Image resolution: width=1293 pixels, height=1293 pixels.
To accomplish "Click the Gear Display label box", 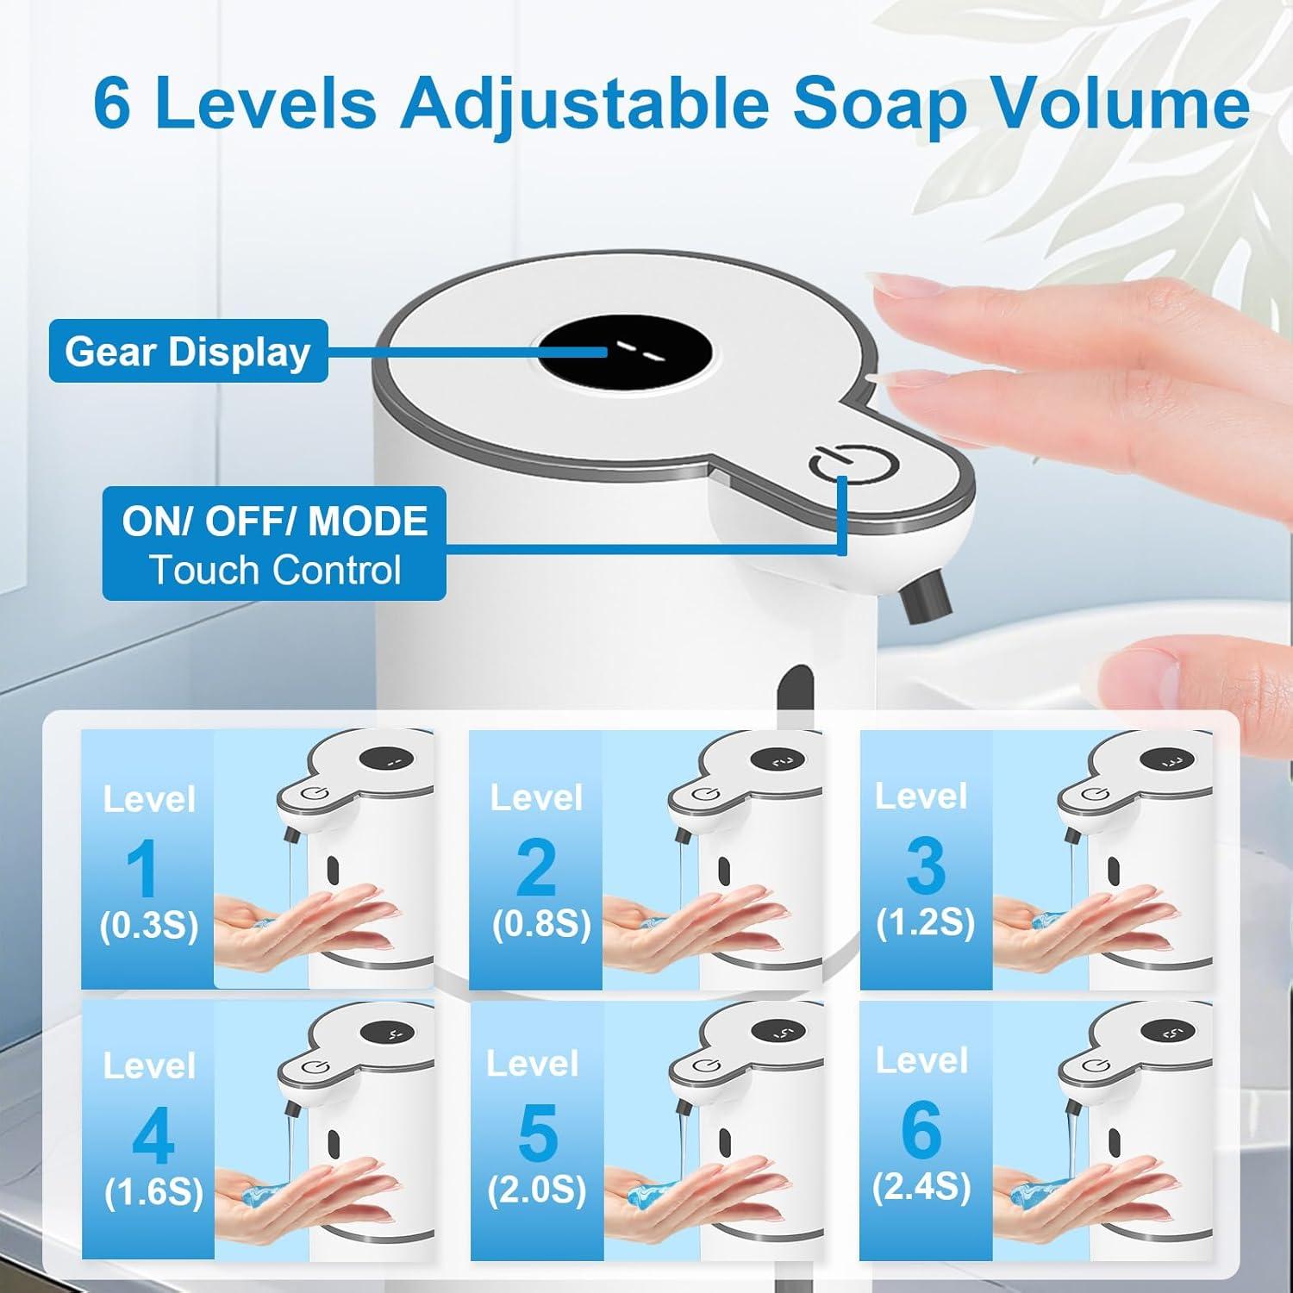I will coord(188,351).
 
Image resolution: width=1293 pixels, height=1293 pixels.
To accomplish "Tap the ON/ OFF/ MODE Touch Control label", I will coord(274,544).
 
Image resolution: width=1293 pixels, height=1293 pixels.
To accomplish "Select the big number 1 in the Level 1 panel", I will coord(143,868).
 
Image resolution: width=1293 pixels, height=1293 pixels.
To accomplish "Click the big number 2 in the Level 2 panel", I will coord(536,867).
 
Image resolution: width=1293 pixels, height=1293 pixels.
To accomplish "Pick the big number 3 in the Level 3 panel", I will coord(925,866).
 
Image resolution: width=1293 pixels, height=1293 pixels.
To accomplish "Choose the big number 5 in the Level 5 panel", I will coord(538,1134).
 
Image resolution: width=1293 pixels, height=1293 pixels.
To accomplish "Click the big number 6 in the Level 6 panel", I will coord(921,1130).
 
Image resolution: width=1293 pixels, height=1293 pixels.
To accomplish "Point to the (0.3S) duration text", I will coord(149,926).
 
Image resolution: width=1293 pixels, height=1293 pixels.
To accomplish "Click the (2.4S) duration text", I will coord(921,1188).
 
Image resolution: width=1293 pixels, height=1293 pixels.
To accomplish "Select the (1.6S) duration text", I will coord(153,1193).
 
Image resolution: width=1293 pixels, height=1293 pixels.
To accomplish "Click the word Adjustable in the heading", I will coord(583,105).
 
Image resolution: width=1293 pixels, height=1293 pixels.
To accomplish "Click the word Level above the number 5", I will coord(532,1064).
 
